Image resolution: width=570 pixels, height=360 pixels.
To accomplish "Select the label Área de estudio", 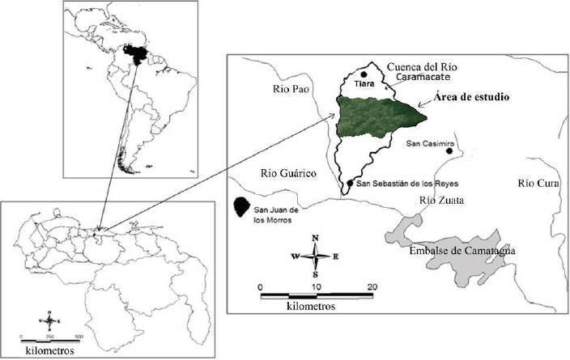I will tap(470, 98).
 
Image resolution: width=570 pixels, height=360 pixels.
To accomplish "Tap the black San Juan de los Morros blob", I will tap(240, 208).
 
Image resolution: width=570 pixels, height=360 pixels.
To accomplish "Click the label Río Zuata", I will tap(441, 201).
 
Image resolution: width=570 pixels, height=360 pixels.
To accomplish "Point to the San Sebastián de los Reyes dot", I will tap(350, 184).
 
